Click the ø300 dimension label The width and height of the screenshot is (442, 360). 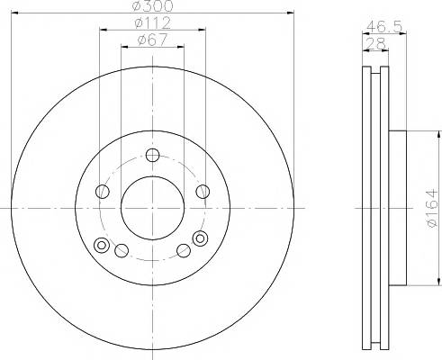point(153,6)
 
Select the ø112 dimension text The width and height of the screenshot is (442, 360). point(153,23)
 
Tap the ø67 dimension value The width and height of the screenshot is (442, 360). point(152,40)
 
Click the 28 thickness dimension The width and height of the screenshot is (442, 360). point(376,44)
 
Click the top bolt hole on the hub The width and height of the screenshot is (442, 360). point(152,155)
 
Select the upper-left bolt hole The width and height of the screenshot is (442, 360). point(103,192)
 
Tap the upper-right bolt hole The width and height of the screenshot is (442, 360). point(203,192)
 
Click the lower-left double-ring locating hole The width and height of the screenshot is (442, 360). point(102,245)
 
